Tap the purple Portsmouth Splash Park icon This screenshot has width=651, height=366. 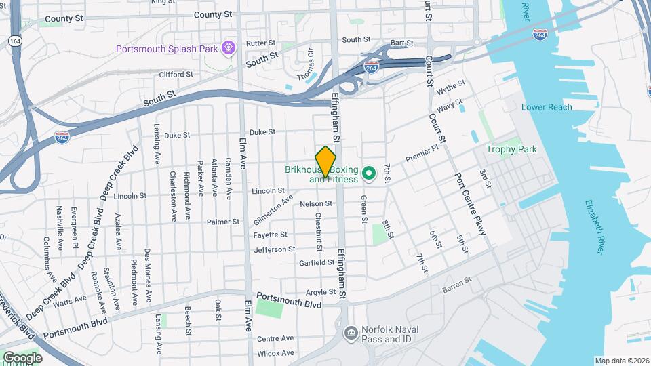229,48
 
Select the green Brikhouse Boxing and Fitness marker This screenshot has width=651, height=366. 369,174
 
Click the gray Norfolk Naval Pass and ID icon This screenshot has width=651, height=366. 351,332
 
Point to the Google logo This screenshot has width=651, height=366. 22,357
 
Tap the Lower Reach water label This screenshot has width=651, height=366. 547,107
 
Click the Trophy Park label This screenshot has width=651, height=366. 511,149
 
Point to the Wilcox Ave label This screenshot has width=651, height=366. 275,353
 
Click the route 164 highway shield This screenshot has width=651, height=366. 13,41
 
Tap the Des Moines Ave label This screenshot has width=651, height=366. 147,268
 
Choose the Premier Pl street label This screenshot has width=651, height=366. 418,155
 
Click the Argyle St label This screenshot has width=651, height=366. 321,292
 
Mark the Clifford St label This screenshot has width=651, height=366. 176,74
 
